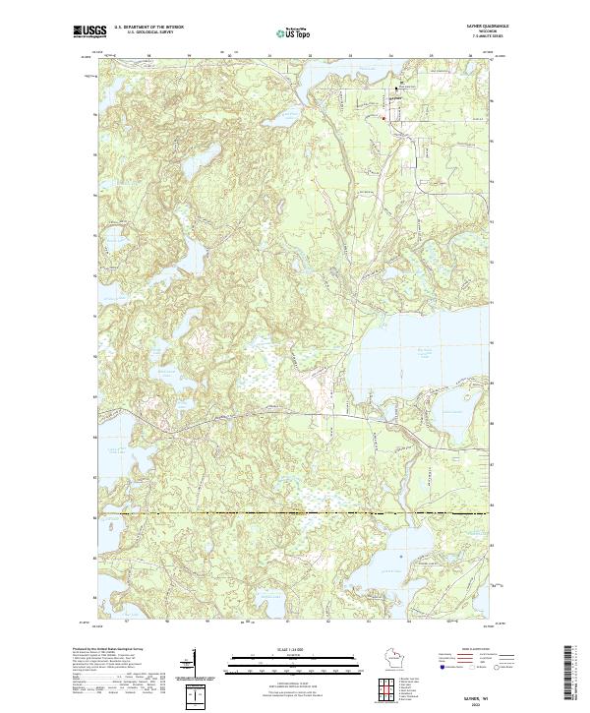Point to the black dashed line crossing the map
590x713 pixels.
pyautogui.click(x=295, y=513)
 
